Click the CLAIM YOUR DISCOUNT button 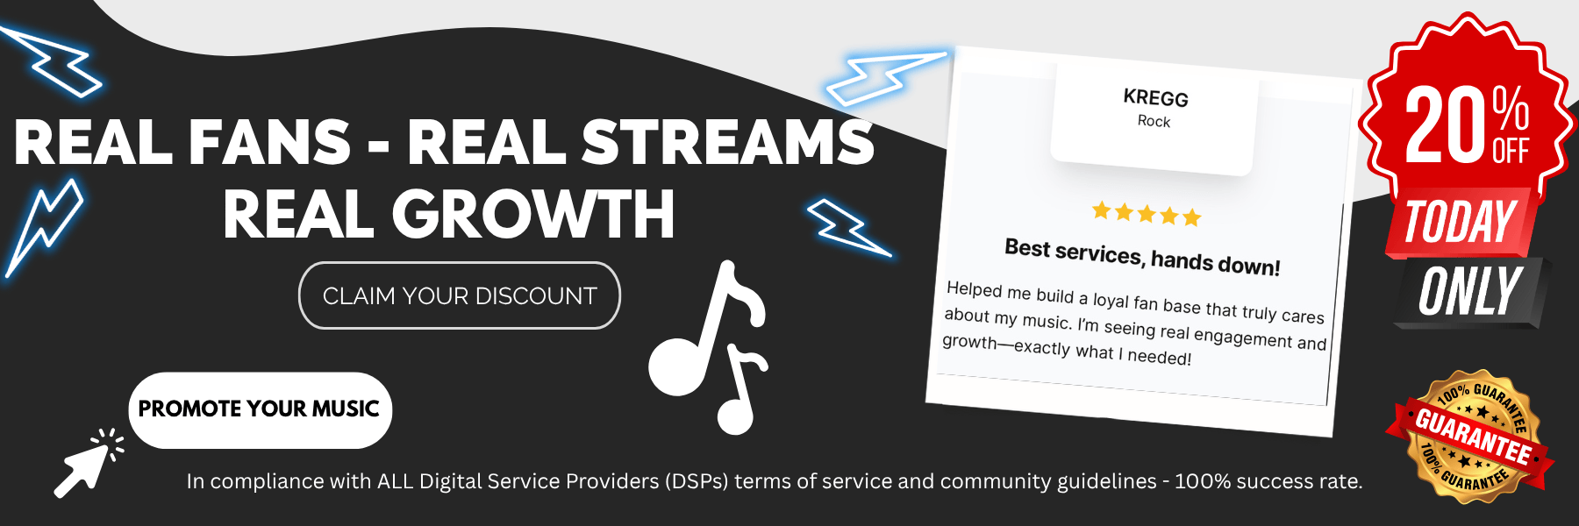(x=460, y=295)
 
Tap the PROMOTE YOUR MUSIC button (x=261, y=410)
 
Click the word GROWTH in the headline (x=533, y=215)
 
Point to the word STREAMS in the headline (x=728, y=142)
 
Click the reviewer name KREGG (x=1156, y=97)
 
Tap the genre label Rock (x=1154, y=121)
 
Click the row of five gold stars (x=1147, y=213)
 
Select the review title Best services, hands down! (x=1142, y=257)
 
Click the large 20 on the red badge (x=1447, y=126)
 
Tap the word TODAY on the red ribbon (x=1461, y=223)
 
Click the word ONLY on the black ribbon (x=1470, y=292)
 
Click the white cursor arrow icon (x=86, y=466)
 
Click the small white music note (x=742, y=391)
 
